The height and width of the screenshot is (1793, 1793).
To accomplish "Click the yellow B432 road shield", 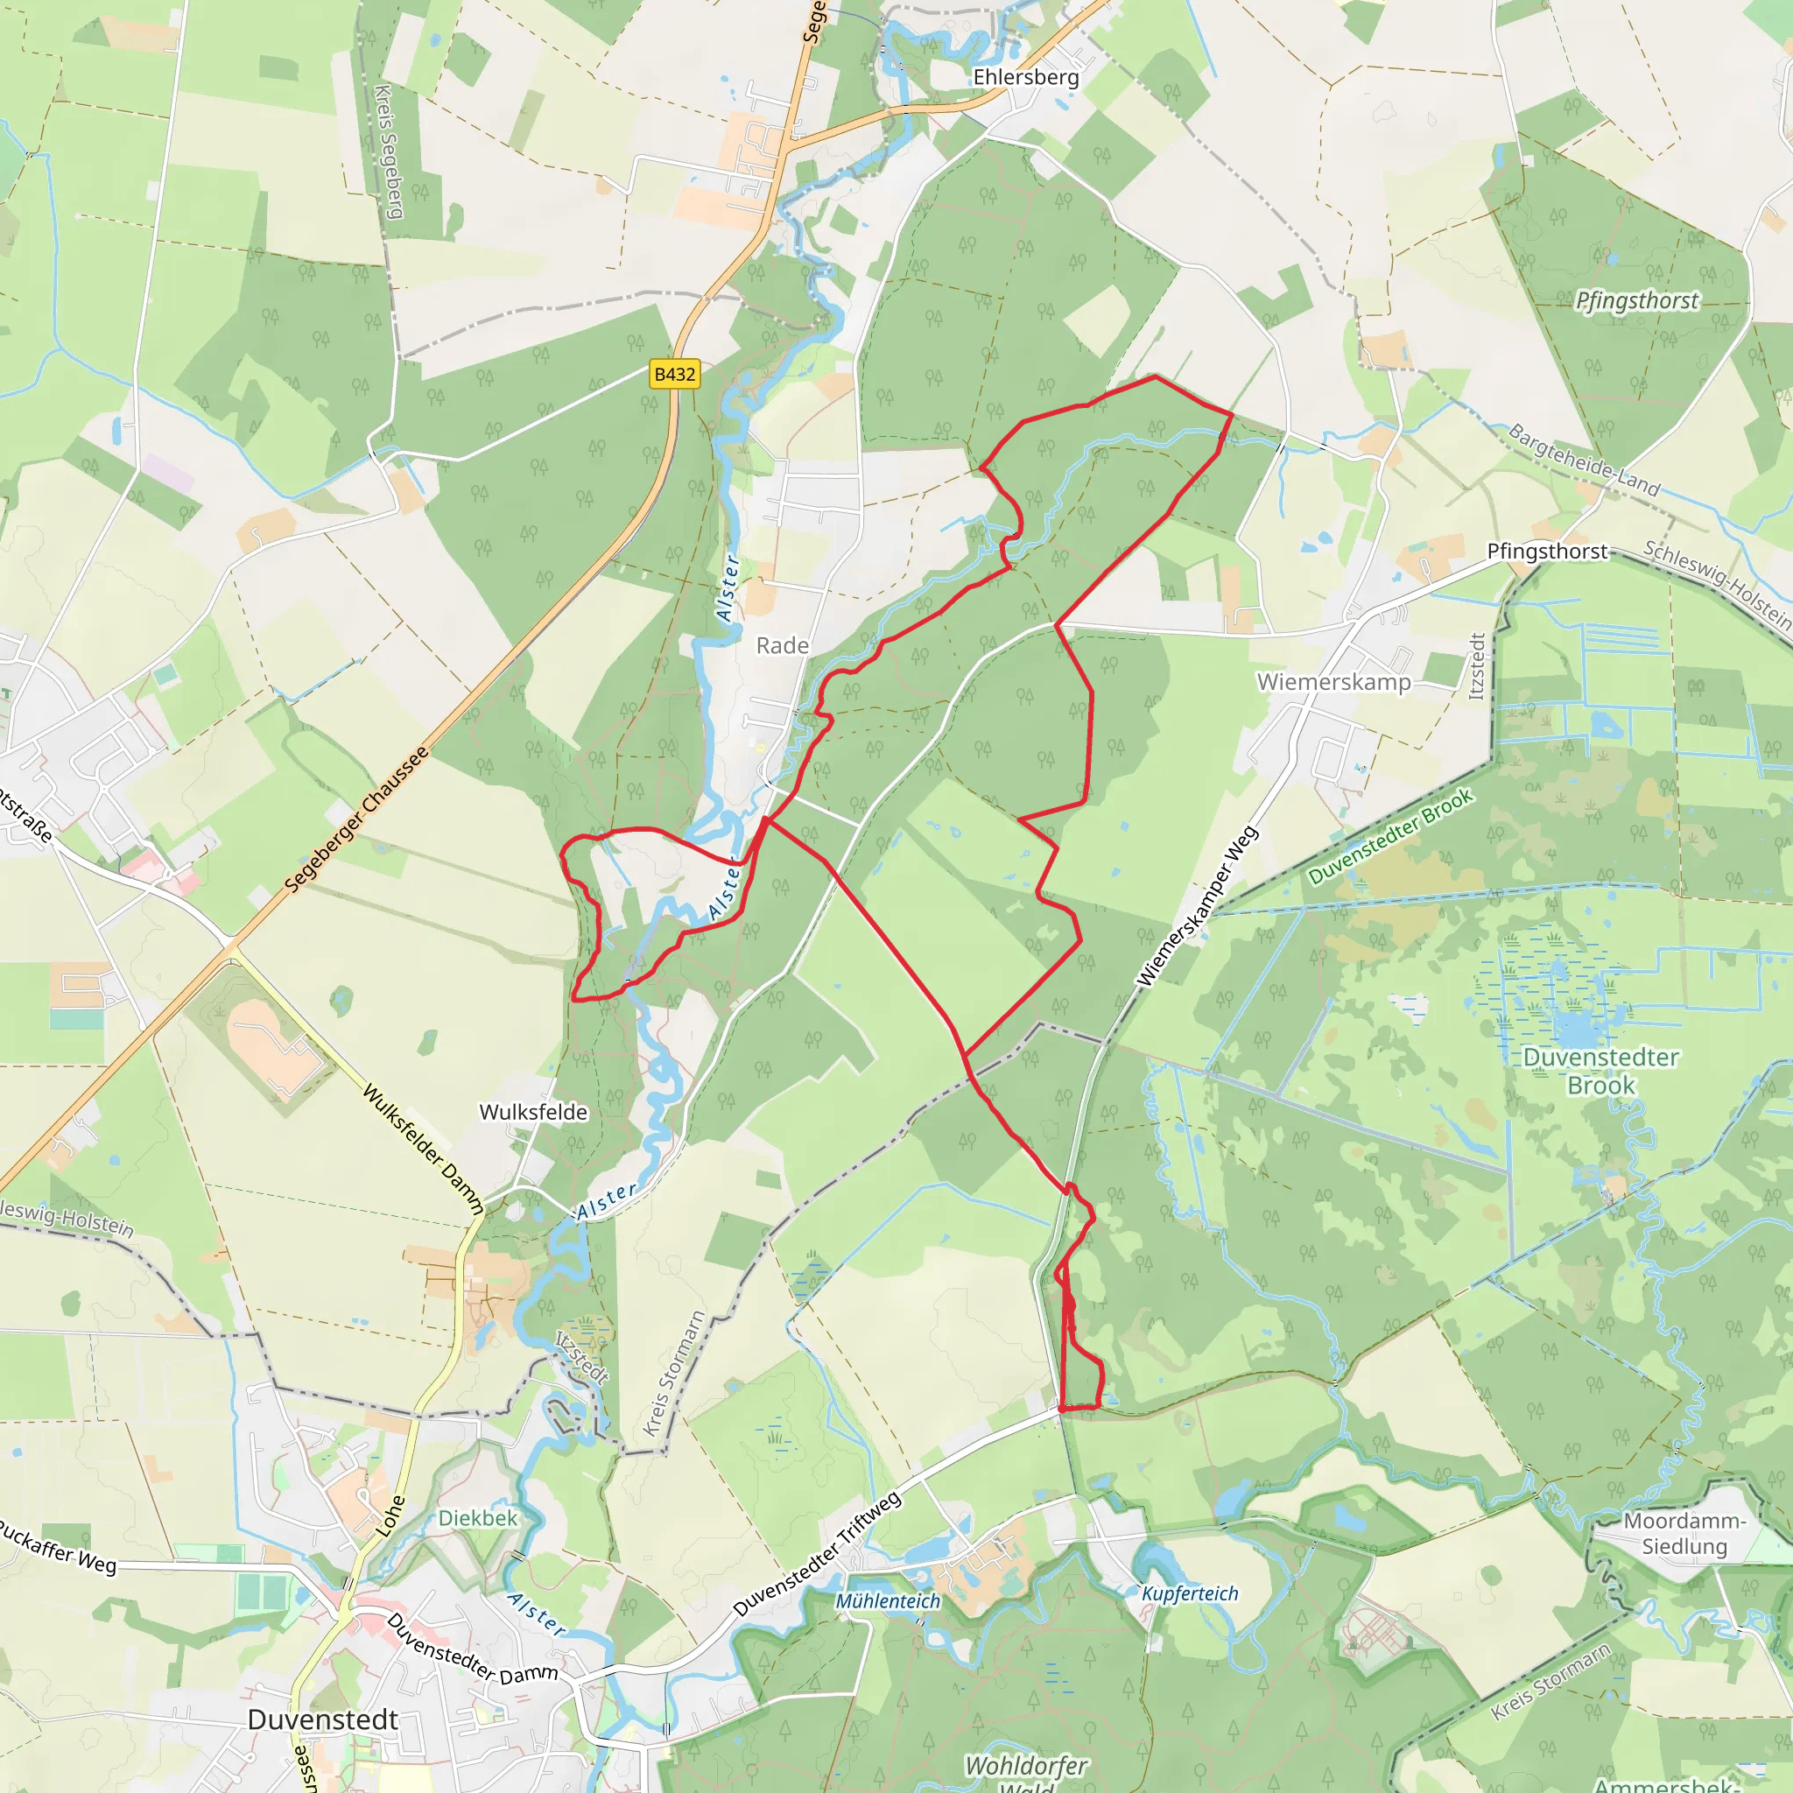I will [x=675, y=374].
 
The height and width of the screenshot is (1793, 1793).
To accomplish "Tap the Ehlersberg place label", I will [x=1025, y=77].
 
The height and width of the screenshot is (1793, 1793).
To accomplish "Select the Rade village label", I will [x=783, y=645].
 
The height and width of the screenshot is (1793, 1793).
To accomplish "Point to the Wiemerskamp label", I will [x=1333, y=682].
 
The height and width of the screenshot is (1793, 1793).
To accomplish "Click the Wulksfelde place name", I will [x=534, y=1112].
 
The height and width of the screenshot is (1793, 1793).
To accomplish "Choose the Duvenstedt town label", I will [x=323, y=1719].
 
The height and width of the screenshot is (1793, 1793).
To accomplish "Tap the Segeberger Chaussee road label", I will [x=357, y=819].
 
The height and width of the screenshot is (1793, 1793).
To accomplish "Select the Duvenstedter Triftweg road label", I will [x=818, y=1555].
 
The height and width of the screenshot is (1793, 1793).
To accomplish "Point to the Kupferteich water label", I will [x=1190, y=1593].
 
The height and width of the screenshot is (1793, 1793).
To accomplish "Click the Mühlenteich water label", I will [x=888, y=1601].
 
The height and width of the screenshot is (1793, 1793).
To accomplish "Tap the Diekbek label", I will [x=478, y=1518].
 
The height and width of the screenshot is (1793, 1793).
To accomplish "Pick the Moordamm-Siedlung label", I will [x=1684, y=1534].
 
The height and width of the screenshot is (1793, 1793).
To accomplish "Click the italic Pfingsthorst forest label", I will [x=1637, y=300].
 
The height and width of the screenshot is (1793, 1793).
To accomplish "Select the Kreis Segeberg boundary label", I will [x=389, y=151].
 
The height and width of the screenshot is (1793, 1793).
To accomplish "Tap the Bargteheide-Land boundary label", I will [x=1584, y=460].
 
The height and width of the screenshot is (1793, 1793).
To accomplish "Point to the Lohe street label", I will [x=390, y=1515].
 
